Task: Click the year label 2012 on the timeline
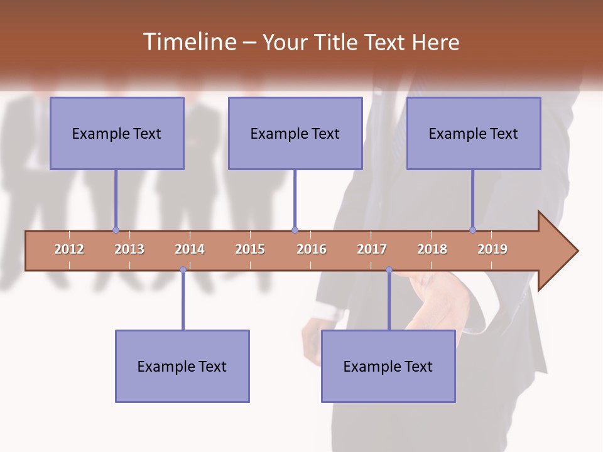69,249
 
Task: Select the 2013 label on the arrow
129,249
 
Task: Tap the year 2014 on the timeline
190,249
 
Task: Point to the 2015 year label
250,249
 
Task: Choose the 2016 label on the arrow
312,249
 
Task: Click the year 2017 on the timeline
372,249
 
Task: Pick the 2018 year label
432,249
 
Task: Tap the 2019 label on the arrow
492,249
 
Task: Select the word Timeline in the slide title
188,42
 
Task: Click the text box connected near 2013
117,133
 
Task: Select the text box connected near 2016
295,133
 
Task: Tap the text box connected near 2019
474,133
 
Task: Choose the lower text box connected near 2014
182,366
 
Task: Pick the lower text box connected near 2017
388,366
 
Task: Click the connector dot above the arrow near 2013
116,230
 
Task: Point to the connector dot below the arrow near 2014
183,270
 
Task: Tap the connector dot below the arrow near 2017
389,270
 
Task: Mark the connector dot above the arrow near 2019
472,230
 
